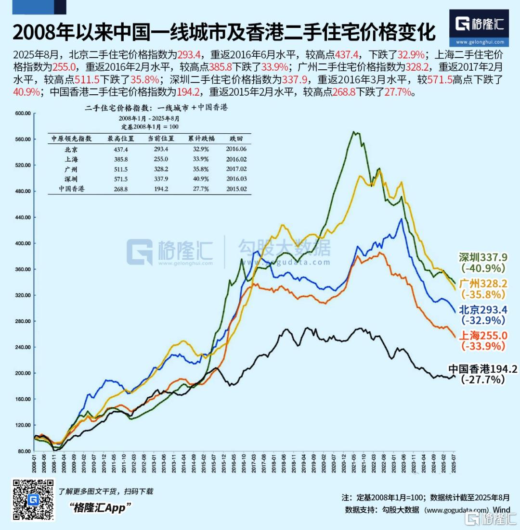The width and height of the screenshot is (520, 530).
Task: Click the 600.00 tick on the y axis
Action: click(24, 114)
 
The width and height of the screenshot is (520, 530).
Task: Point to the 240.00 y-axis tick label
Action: click(24, 347)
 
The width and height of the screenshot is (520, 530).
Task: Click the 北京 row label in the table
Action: click(71, 149)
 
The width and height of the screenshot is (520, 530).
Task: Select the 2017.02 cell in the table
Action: click(237, 169)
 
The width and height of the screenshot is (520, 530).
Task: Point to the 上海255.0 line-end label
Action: click(483, 335)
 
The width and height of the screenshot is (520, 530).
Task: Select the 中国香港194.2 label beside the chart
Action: click(483, 369)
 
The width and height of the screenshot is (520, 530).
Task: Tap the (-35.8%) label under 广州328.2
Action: click(483, 294)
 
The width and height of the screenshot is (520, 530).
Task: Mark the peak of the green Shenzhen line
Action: click(354, 131)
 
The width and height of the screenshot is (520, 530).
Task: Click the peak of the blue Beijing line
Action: click(401, 219)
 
